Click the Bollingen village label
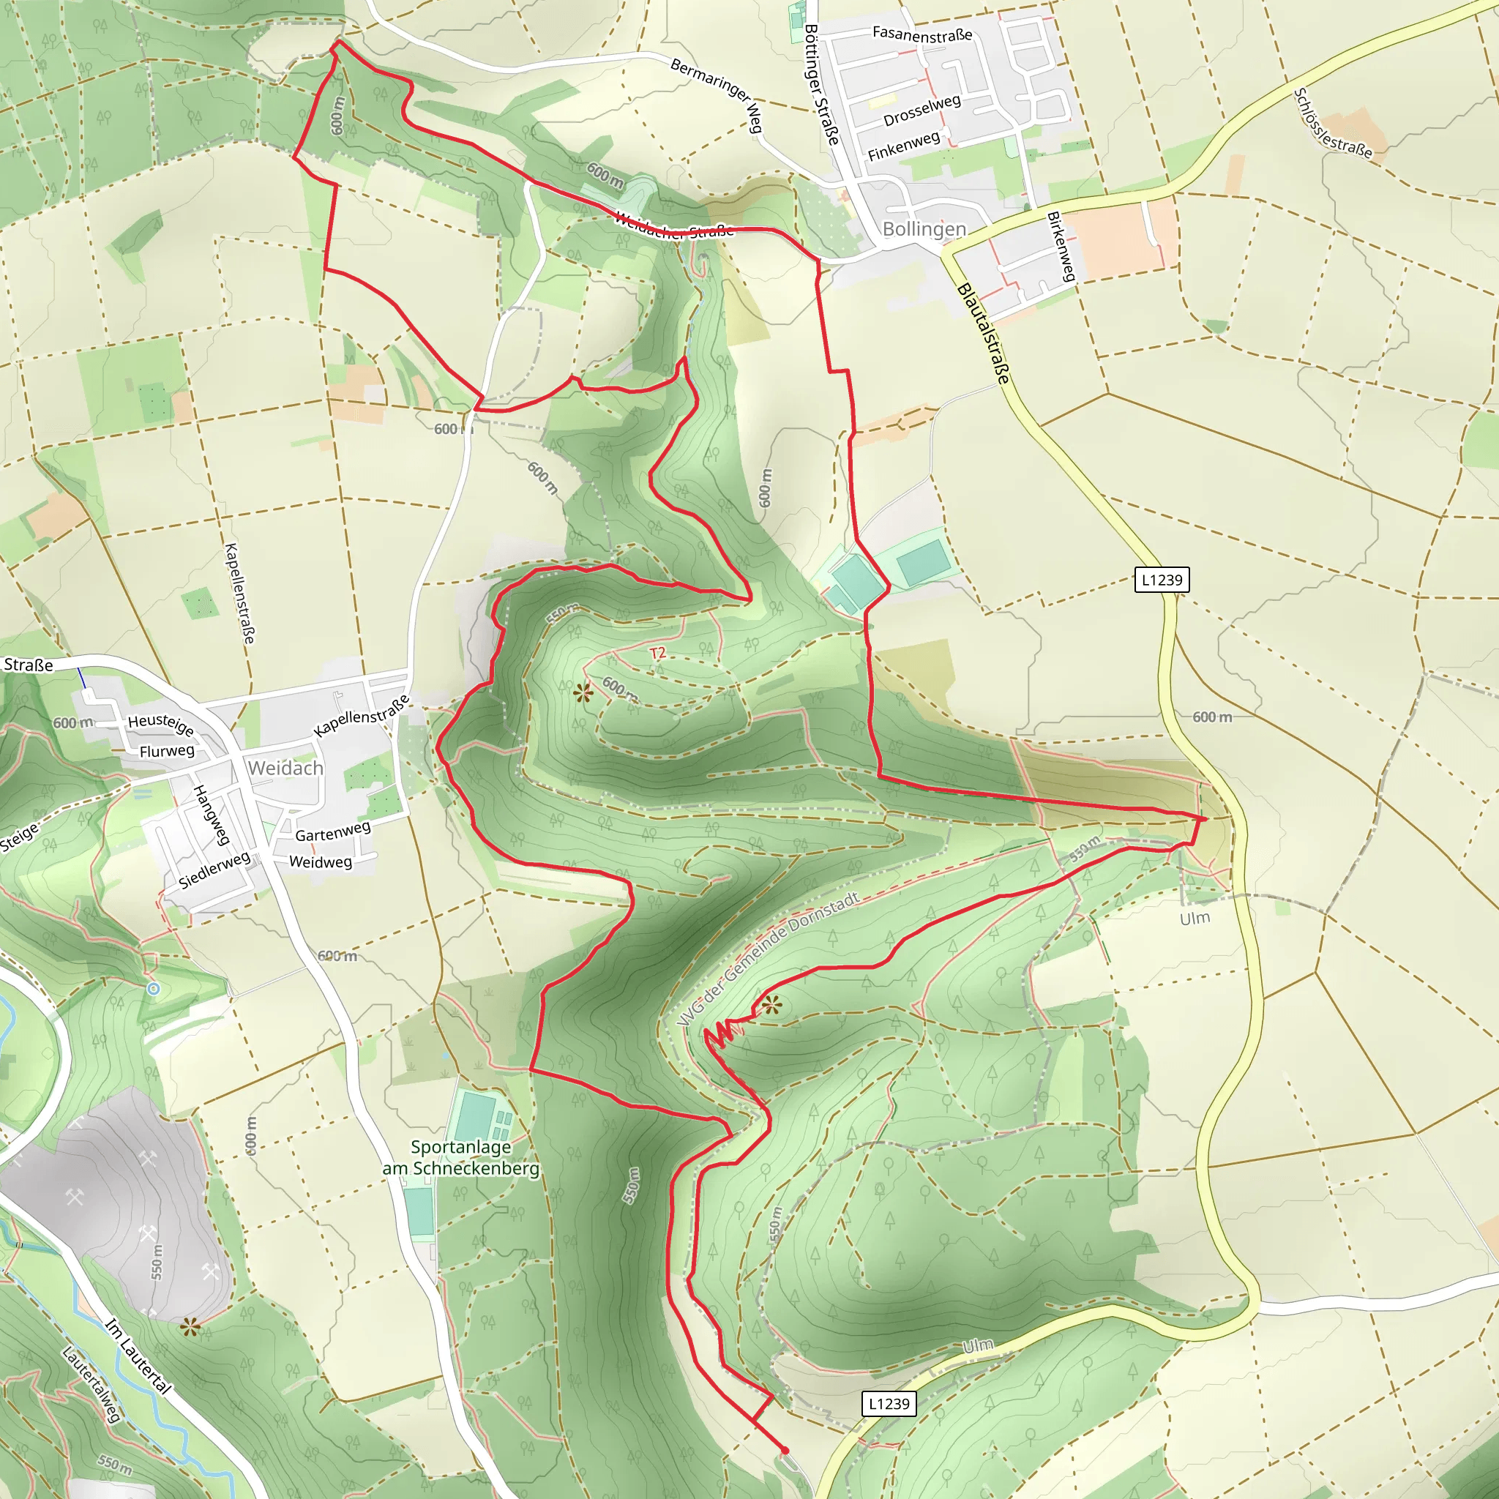[924, 229]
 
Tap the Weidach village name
[285, 768]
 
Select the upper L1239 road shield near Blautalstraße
[1162, 580]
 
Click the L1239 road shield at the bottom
[889, 1404]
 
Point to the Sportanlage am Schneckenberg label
[461, 1158]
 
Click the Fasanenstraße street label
[922, 34]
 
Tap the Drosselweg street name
[922, 111]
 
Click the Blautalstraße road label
[984, 334]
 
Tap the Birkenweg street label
[1061, 246]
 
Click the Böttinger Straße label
[821, 85]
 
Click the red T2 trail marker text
[657, 654]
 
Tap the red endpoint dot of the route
[785, 1450]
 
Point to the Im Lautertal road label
[138, 1356]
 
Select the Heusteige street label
[160, 724]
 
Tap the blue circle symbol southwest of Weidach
[154, 988]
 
